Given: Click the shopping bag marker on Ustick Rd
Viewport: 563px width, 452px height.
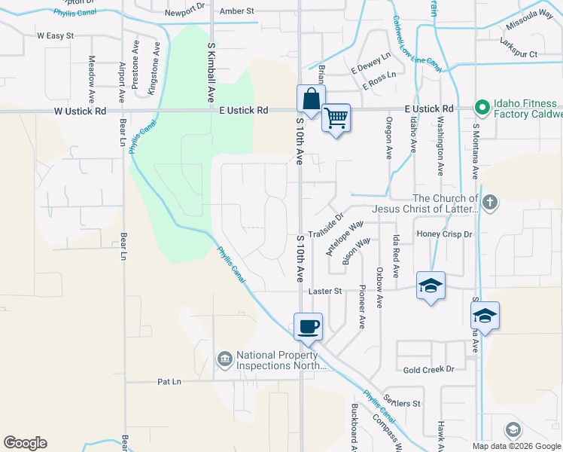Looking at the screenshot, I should click(x=311, y=99).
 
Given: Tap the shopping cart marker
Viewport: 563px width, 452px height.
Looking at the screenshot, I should click(x=336, y=118).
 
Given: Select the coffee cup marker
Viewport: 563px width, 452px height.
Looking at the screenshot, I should click(x=308, y=327).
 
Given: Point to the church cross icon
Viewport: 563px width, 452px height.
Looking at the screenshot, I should click(x=490, y=202).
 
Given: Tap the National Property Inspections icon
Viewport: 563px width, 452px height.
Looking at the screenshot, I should click(x=224, y=360).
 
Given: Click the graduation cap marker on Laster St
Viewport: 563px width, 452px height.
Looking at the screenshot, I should click(x=431, y=286).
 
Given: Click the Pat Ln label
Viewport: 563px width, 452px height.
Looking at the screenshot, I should click(x=169, y=382).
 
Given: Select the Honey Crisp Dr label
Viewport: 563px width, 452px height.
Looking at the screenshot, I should click(x=444, y=235).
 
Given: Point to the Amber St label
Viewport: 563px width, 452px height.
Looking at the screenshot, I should click(x=237, y=11).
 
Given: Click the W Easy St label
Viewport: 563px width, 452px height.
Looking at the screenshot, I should click(x=55, y=35).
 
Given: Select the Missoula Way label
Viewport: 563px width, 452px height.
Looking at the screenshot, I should click(x=529, y=35).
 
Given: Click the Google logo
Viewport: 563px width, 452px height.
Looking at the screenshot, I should click(x=25, y=443).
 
